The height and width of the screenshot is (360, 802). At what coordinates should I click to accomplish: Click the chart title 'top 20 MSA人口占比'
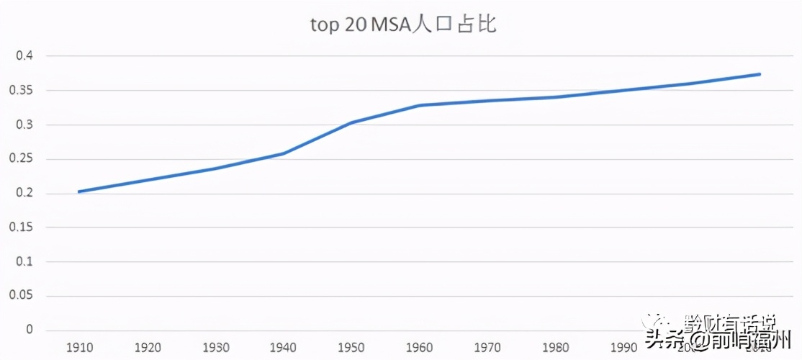click(403, 24)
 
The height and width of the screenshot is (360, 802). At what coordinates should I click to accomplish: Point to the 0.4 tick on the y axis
click(24, 56)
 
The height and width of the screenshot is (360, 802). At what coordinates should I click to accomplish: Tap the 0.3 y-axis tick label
click(24, 125)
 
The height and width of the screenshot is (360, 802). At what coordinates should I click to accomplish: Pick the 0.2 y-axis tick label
click(24, 194)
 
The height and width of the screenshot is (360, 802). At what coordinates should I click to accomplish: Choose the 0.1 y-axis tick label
click(24, 261)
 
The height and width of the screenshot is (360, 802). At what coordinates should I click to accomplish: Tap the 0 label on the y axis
click(30, 330)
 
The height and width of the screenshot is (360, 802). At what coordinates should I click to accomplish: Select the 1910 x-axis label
click(79, 348)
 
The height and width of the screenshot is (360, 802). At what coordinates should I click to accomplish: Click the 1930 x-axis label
click(215, 348)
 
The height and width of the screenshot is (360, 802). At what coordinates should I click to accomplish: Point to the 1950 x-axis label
click(351, 348)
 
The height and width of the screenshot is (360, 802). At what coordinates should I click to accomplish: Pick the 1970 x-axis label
click(487, 348)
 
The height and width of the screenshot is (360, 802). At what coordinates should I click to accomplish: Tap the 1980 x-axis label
click(556, 348)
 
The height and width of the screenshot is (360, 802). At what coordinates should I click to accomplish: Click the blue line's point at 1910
click(79, 192)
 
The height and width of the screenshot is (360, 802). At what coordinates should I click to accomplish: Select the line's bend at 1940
click(284, 153)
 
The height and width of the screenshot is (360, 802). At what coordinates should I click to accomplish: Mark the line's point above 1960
click(420, 105)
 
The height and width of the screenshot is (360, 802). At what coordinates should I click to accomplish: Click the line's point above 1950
click(351, 122)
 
